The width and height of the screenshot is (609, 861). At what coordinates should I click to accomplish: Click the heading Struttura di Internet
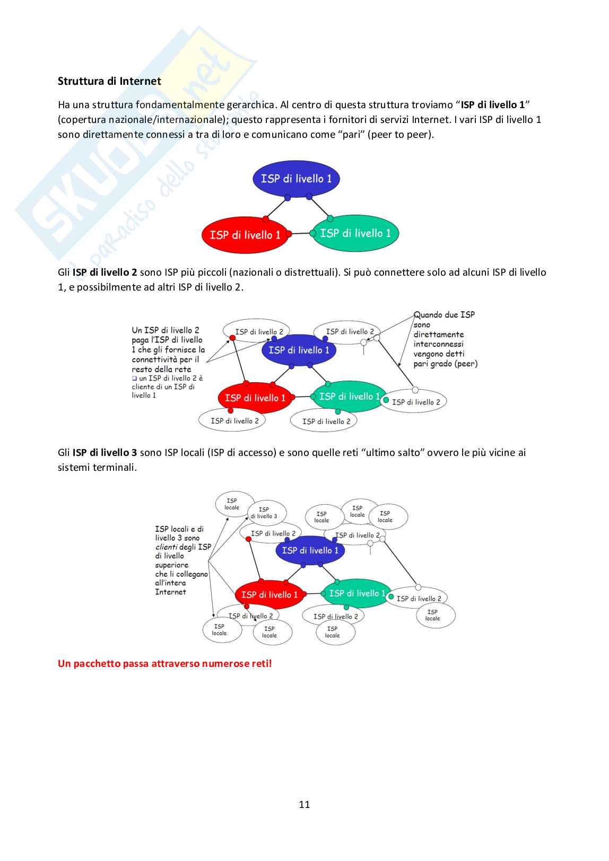[x=109, y=81]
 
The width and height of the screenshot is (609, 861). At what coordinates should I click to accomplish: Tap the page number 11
[x=304, y=804]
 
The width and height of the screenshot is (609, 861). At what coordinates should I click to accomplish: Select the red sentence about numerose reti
[x=164, y=663]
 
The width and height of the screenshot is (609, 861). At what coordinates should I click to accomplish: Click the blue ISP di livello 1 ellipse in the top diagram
[x=296, y=179]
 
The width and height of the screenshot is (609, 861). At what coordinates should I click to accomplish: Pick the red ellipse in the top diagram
[x=245, y=235]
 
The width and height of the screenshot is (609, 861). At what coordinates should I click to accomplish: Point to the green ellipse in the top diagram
[x=355, y=233]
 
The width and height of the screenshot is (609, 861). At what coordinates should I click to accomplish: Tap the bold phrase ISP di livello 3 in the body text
[x=105, y=452]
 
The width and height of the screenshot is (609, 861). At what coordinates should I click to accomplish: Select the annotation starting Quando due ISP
[x=445, y=339]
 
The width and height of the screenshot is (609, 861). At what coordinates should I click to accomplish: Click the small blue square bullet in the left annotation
[x=134, y=379]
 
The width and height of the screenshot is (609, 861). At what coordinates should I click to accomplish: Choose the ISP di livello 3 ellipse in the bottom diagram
[x=266, y=513]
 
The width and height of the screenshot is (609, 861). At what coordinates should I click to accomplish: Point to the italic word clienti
[x=166, y=547]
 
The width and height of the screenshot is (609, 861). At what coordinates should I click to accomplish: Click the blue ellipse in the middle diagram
[x=299, y=350]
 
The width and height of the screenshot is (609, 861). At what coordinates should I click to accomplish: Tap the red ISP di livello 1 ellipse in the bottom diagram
[x=269, y=594]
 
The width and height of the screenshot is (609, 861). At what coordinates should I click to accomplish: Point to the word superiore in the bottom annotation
[x=172, y=565]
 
